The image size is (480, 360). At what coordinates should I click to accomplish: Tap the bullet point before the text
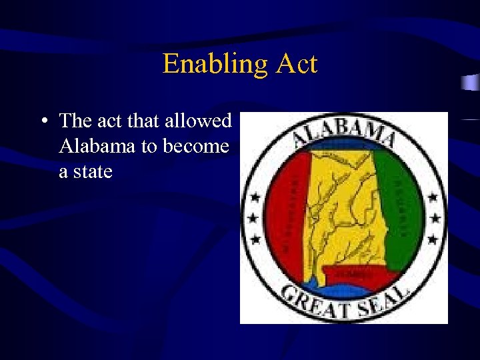pos(43,121)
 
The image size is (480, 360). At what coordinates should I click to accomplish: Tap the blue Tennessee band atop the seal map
pos(344,147)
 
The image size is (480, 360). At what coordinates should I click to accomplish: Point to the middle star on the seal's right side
pos(435,217)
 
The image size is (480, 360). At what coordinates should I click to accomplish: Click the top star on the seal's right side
pos(433,198)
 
